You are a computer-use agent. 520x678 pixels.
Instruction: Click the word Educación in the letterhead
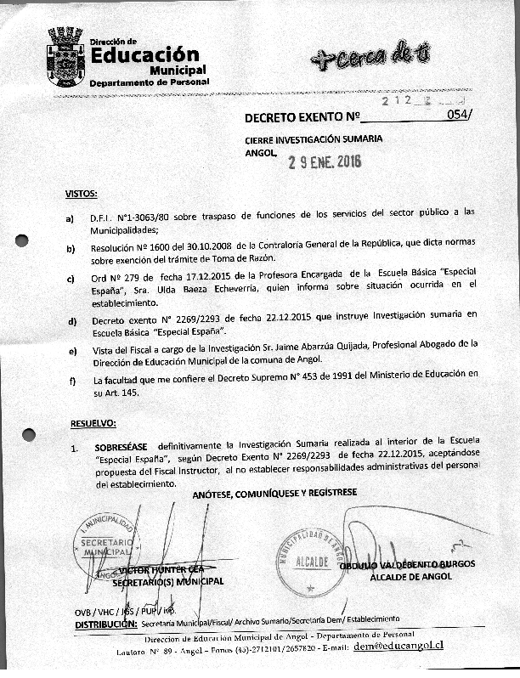tap(144, 55)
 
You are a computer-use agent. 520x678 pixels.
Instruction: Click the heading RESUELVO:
tap(93, 423)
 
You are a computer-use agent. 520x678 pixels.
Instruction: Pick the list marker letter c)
tap(71, 279)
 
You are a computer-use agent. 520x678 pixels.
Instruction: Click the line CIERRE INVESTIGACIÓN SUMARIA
tap(314, 138)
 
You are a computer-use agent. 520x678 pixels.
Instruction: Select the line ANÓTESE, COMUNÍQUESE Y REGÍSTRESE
tap(274, 493)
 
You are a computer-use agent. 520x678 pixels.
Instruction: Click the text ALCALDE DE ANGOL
tap(410, 577)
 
